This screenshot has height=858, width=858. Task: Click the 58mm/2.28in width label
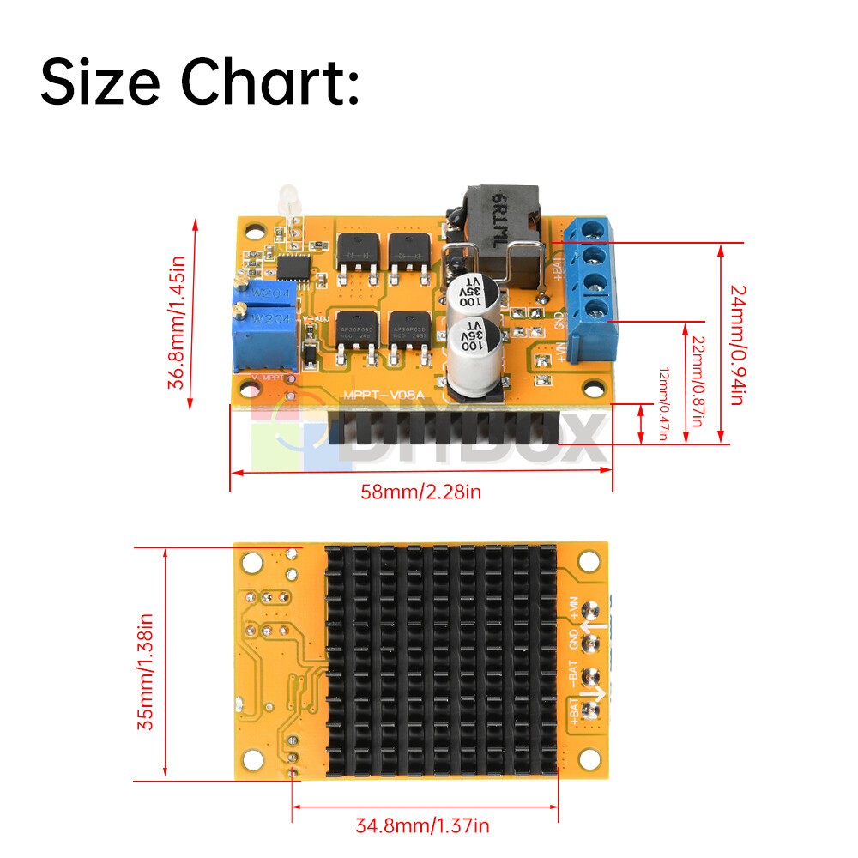pyautogui.click(x=421, y=492)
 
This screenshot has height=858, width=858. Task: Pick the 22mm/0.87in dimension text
pyautogui.click(x=698, y=378)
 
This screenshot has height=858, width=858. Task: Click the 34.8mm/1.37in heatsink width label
pyautogui.click(x=422, y=826)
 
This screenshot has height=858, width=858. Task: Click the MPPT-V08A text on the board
pyautogui.click(x=380, y=395)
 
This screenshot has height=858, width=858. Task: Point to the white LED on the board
pyautogui.click(x=286, y=201)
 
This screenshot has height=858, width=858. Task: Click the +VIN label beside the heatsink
pyautogui.click(x=574, y=609)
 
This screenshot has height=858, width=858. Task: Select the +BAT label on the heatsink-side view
pyautogui.click(x=574, y=712)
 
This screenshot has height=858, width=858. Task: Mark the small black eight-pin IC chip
pyautogui.click(x=293, y=267)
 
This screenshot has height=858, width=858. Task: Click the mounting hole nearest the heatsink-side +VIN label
pyautogui.click(x=589, y=562)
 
